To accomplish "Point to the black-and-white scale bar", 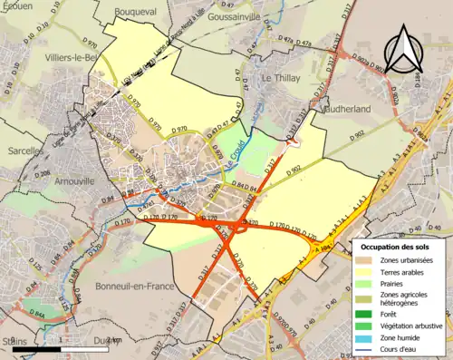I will [x=56, y=348].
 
